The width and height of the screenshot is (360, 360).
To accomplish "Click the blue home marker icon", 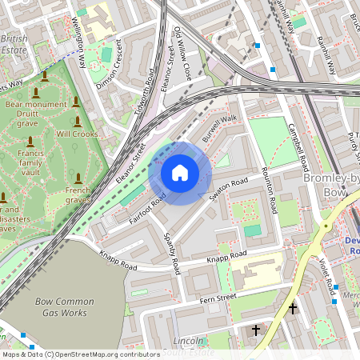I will pos(180,173).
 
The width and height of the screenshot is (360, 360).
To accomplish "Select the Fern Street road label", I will pos(218,298).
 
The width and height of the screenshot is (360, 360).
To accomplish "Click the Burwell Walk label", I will pos(220,129).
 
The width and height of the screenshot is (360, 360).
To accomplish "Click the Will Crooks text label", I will pos(77,134).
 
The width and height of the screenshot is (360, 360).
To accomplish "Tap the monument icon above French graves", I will pos(78,178).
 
